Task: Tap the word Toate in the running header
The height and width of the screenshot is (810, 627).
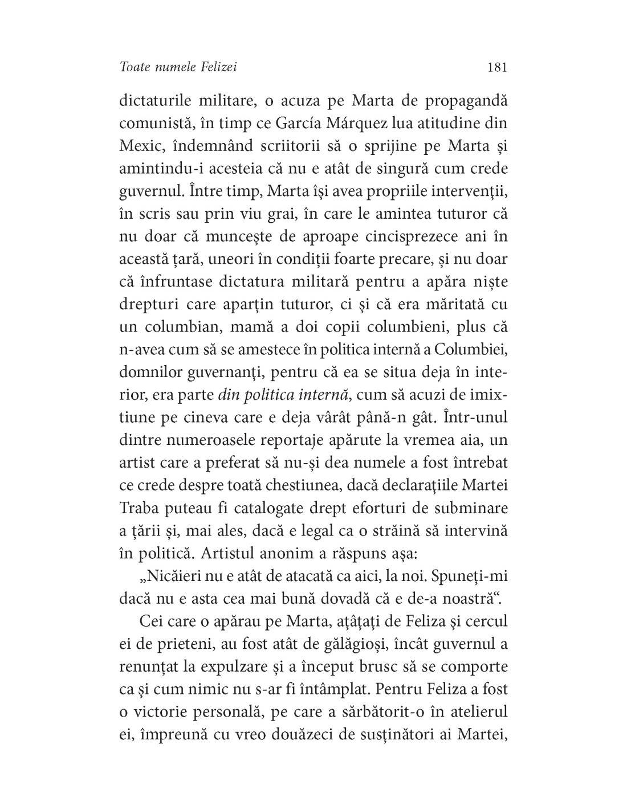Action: [x=136, y=67]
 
